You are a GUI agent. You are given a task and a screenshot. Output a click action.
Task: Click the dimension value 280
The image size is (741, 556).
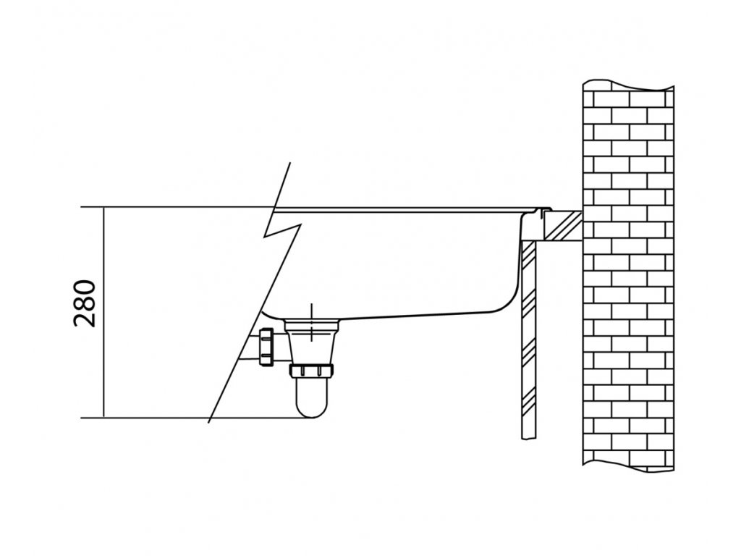[x=85, y=304]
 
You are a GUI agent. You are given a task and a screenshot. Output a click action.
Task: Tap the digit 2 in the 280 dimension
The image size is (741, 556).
[x=85, y=319]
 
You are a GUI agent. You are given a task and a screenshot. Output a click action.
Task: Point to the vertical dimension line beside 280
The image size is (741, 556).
[x=103, y=313]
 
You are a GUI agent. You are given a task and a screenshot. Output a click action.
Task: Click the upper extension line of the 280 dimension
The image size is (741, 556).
[x=177, y=207]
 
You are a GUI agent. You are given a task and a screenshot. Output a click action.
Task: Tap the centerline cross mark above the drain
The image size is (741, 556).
[x=311, y=324]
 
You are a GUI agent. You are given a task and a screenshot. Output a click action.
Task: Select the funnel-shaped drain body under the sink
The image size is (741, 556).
[x=312, y=340]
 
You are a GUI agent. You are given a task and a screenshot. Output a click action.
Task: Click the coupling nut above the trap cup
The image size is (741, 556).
[x=312, y=370]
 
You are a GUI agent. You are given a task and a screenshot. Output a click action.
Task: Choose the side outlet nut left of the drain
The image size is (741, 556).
[x=266, y=347]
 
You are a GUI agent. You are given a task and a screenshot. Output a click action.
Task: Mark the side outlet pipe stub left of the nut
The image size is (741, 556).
[x=250, y=347]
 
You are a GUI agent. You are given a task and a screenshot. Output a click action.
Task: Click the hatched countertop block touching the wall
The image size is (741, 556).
[x=562, y=225]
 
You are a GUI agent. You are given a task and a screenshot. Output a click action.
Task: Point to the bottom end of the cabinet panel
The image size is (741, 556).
[x=528, y=439]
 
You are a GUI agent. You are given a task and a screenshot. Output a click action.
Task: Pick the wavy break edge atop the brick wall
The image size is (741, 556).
[x=629, y=85]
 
